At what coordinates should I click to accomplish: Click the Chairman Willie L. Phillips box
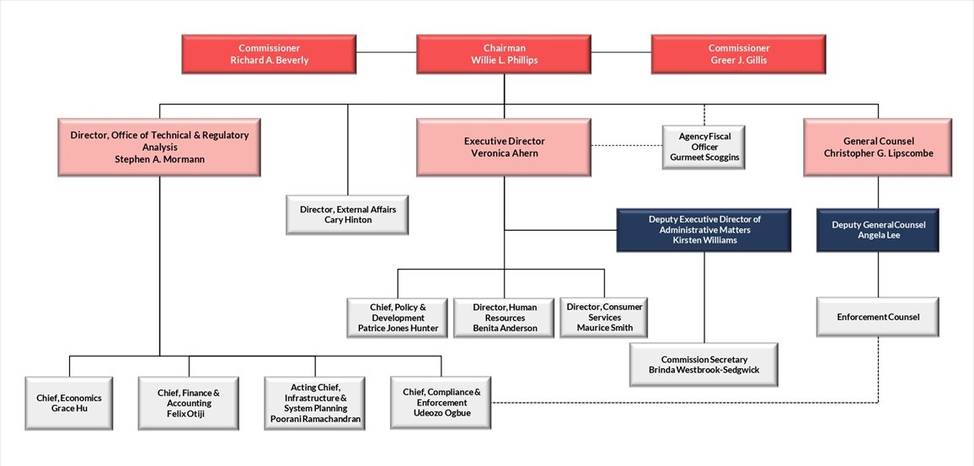504,54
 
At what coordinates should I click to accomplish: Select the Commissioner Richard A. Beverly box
269,54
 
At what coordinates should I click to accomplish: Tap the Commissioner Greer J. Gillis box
739,54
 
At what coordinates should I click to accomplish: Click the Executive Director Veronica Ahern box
504,147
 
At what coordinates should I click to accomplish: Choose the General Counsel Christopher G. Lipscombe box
878,147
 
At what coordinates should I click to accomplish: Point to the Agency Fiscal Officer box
704,147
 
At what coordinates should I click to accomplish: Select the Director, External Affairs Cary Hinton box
348,214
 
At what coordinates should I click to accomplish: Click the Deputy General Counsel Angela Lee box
878,231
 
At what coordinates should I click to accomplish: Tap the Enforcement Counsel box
878,317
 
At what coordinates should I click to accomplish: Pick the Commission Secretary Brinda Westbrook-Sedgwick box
704,365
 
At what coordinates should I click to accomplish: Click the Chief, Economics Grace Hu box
68,403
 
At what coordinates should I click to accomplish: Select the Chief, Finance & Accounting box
188,403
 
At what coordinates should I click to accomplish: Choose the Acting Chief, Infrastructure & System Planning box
314,403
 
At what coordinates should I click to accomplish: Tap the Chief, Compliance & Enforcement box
442,403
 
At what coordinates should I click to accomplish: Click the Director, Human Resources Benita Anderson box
505,318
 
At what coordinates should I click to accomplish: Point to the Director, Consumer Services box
604,318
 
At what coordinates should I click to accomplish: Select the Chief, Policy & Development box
398,318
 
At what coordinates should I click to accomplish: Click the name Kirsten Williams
704,240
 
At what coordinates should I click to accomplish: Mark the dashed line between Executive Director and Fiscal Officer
625,146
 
